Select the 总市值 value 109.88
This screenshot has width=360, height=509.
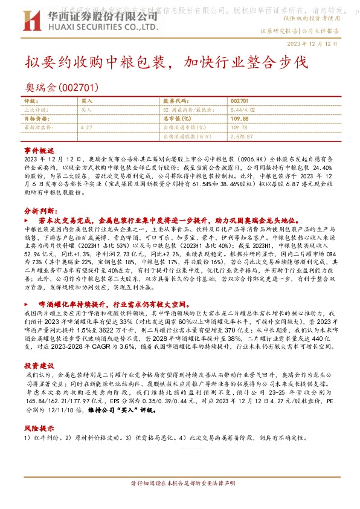click(x=240, y=118)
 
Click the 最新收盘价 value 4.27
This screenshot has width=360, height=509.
click(x=86, y=128)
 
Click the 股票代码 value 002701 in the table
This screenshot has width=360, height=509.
click(x=240, y=100)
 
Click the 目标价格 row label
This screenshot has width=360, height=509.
click(x=37, y=118)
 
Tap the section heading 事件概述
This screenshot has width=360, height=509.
click(x=39, y=149)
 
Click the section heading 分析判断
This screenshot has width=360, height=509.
click(x=39, y=212)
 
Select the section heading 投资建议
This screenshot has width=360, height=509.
click(x=39, y=366)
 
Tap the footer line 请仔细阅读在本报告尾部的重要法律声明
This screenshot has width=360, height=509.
click(x=179, y=484)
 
